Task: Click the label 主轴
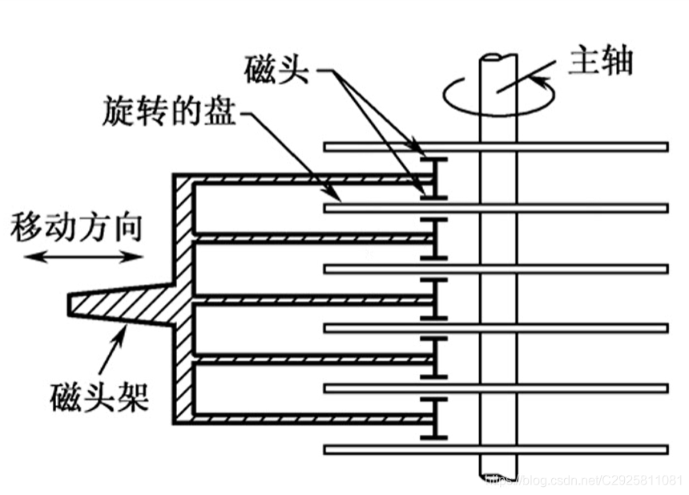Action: point(600,62)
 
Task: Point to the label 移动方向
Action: point(76,227)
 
